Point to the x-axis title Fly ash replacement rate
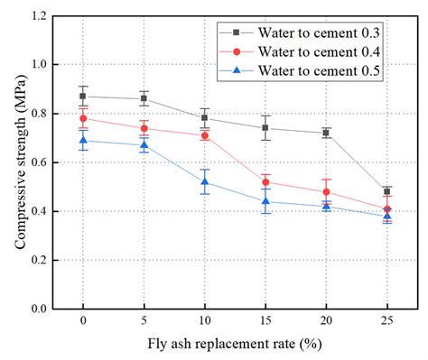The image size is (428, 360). [x=235, y=345]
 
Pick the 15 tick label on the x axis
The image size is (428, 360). [x=265, y=322]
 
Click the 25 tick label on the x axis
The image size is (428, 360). [x=386, y=322]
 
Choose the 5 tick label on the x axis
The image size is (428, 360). [x=144, y=322]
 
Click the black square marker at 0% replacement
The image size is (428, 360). [x=83, y=97]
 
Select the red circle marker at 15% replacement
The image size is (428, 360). [x=265, y=182]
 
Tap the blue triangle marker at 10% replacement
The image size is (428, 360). [x=205, y=181]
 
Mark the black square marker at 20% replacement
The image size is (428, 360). [x=326, y=133]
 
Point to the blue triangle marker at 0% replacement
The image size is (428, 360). [x=83, y=140]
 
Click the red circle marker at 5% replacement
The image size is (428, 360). [x=144, y=128]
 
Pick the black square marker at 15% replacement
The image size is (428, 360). [x=265, y=128]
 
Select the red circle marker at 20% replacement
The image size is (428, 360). [x=326, y=191]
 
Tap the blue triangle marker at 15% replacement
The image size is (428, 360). [x=265, y=201]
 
